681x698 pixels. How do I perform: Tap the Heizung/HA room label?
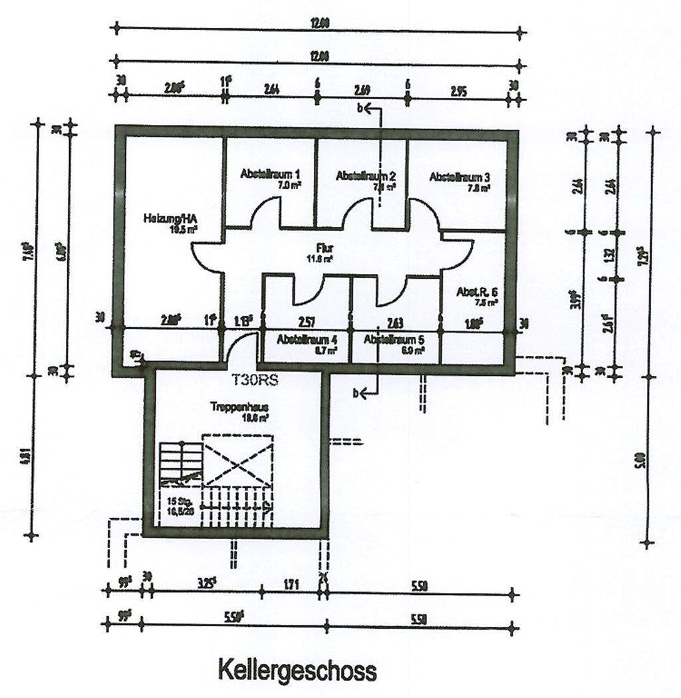(x=170, y=218)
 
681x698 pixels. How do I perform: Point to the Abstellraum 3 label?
(x=460, y=177)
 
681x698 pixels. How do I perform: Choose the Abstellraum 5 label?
(x=394, y=339)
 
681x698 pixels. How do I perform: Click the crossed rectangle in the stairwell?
(x=238, y=460)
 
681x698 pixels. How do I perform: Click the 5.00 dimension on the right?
(x=639, y=460)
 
